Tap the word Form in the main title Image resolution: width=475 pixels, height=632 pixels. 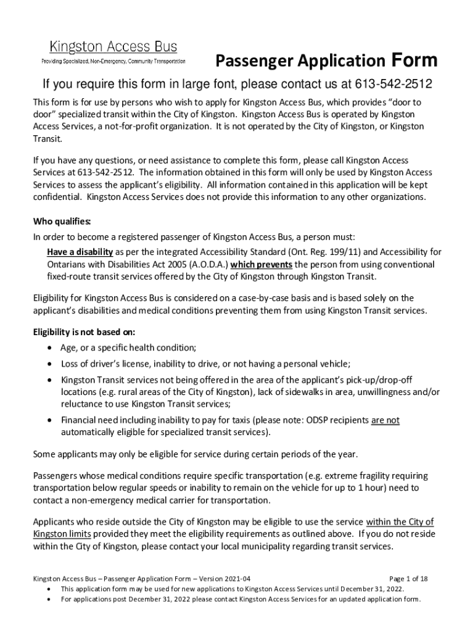click(x=413, y=60)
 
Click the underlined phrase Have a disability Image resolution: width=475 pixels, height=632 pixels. click(x=80, y=251)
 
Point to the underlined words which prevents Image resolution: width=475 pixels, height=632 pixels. click(x=262, y=264)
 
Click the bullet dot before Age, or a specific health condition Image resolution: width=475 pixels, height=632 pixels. click(x=49, y=347)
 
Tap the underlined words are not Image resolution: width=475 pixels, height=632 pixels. click(x=385, y=420)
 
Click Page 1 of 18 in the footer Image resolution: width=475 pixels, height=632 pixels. click(x=409, y=579)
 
